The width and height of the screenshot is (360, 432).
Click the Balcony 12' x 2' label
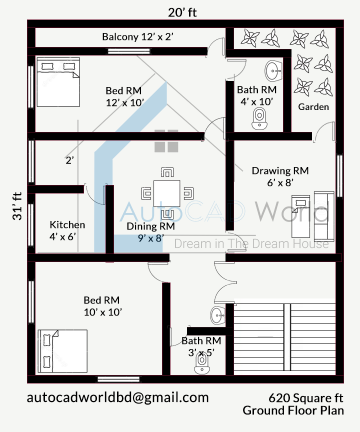pyautogui.click(x=137, y=36)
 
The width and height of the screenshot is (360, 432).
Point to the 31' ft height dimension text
pyautogui.click(x=17, y=206)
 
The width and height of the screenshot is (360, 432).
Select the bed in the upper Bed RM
pyautogui.click(x=57, y=82)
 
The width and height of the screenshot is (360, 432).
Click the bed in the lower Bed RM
pyautogui.click(x=62, y=351)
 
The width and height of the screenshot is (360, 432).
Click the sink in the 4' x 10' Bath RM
pyautogui.click(x=273, y=70)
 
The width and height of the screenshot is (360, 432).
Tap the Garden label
pyautogui.click(x=313, y=106)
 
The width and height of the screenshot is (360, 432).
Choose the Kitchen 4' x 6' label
pyautogui.click(x=67, y=230)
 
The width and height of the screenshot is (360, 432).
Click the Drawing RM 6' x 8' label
pyautogui.click(x=280, y=176)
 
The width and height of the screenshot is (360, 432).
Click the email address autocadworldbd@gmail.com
pyautogui.click(x=117, y=397)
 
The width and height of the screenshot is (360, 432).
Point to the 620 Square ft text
pyautogui.click(x=306, y=398)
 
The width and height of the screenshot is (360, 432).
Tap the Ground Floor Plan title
pyautogui.click(x=293, y=410)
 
